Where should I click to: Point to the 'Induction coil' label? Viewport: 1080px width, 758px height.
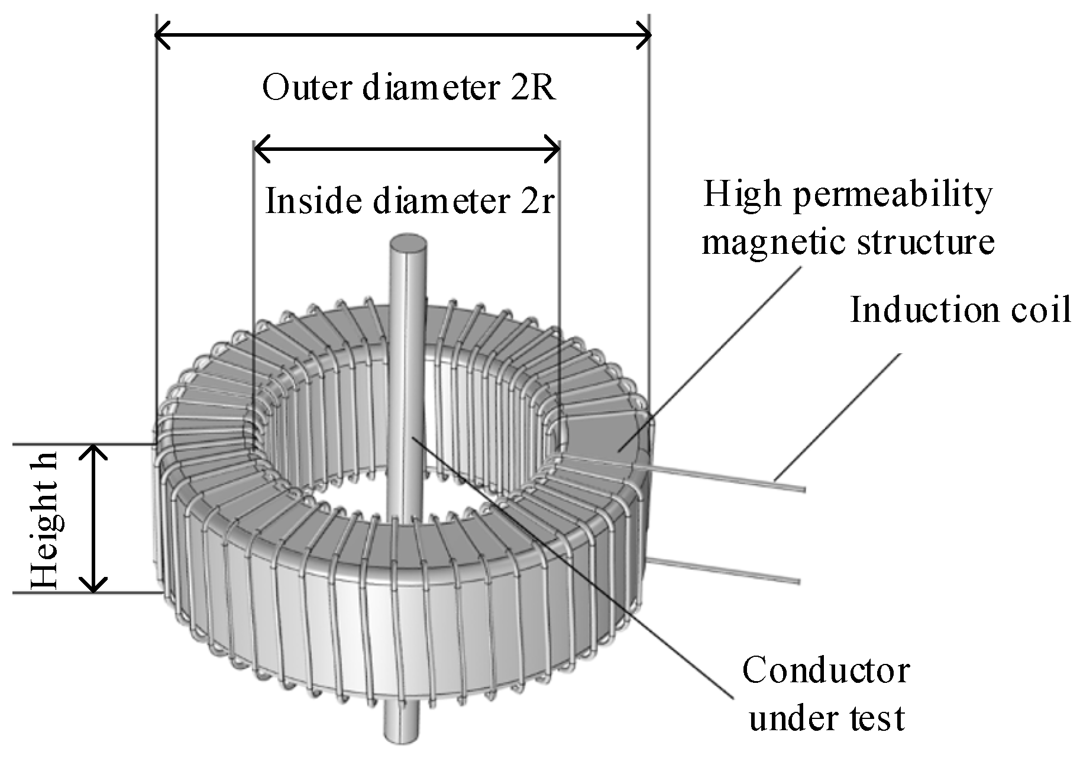(960, 309)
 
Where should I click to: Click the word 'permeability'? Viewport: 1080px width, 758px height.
(892, 195)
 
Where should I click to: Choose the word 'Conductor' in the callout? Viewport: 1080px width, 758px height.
(826, 671)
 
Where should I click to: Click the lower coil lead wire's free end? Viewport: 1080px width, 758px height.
(797, 579)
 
